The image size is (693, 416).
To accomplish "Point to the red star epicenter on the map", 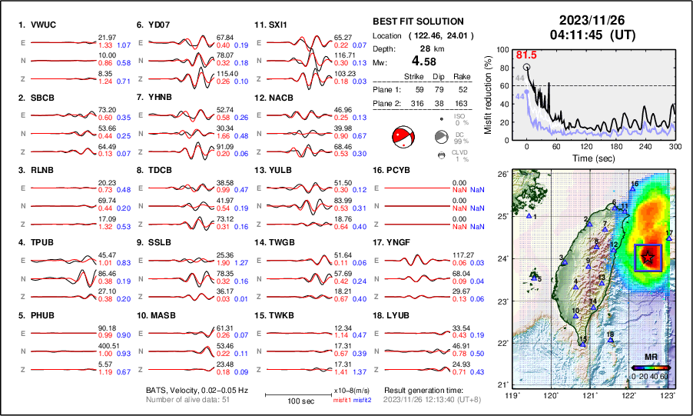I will point(649,258).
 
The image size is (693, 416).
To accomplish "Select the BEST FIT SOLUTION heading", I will point(417,22).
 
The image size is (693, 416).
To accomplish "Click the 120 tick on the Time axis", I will point(586,146).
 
